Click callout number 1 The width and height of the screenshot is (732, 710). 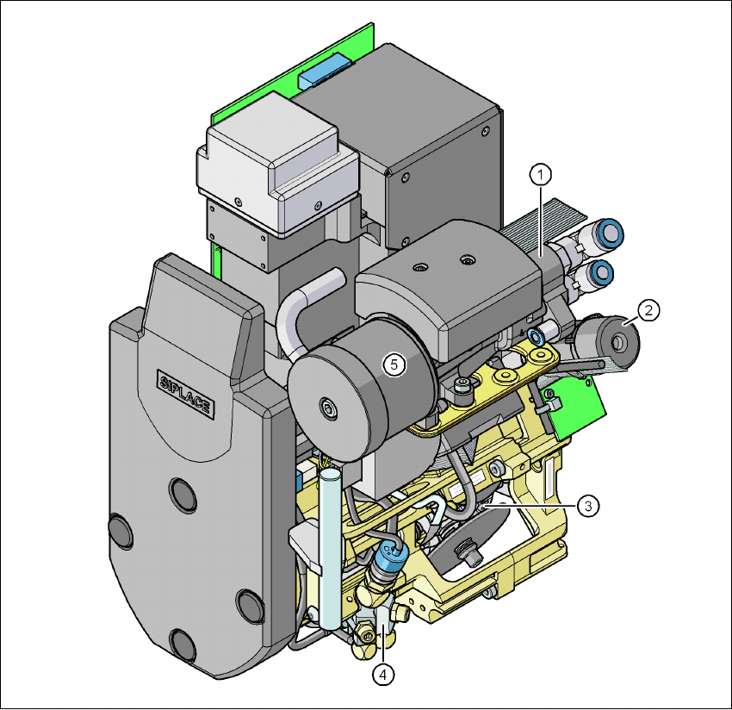pyautogui.click(x=541, y=175)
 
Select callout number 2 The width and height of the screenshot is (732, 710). pyautogui.click(x=648, y=310)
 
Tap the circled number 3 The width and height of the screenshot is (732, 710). pyautogui.click(x=587, y=506)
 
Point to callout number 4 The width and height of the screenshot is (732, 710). pyautogui.click(x=383, y=675)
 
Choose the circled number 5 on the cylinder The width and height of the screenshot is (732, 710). pyautogui.click(x=394, y=364)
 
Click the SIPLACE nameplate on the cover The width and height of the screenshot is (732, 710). pyautogui.click(x=186, y=395)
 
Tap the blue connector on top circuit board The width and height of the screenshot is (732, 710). pyautogui.click(x=326, y=71)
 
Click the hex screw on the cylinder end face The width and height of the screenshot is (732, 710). pyautogui.click(x=329, y=408)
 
